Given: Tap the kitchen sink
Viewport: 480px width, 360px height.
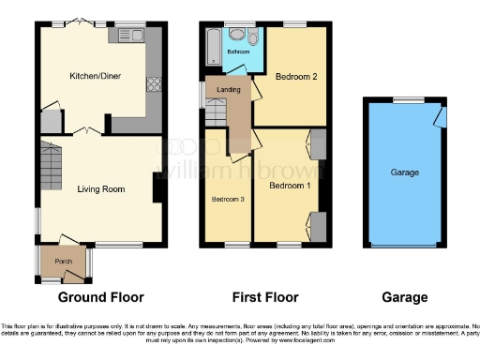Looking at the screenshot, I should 125,35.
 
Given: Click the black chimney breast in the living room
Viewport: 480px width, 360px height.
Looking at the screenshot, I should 157,187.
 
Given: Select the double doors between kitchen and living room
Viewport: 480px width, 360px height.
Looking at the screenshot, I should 88,129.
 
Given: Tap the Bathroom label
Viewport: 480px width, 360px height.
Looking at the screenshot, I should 239,52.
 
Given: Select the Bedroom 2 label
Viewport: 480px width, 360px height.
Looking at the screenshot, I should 293,78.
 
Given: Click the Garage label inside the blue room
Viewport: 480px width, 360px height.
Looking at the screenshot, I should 404,172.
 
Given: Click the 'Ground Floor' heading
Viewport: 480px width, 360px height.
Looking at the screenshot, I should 101,298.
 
